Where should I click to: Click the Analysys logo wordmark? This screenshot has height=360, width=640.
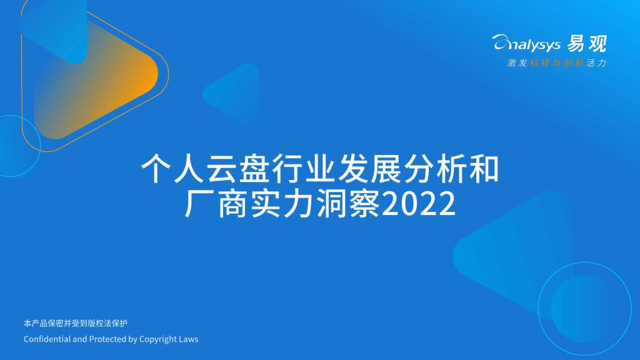(x=526, y=43)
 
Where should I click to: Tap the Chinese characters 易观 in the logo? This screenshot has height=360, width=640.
(x=587, y=43)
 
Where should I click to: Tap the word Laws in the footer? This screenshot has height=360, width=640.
(x=189, y=339)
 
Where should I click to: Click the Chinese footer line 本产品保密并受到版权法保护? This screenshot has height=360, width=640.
(x=76, y=323)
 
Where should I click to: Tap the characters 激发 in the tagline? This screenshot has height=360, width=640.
(x=517, y=63)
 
